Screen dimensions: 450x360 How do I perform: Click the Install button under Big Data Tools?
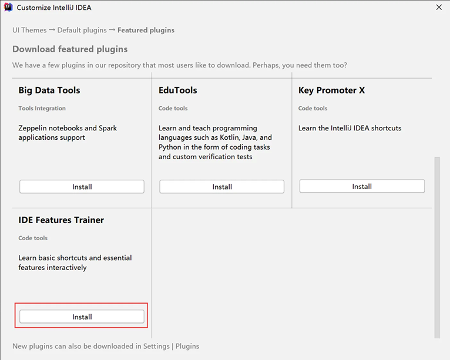tap(82, 187)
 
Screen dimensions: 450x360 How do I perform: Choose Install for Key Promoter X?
tap(362, 186)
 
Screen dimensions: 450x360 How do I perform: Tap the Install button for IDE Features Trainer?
tap(82, 317)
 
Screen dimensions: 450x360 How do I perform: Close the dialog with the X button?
tap(439, 8)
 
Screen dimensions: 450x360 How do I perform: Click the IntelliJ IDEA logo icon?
tap(8, 7)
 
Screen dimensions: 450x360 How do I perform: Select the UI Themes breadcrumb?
tap(29, 30)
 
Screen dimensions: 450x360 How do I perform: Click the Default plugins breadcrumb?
tap(82, 30)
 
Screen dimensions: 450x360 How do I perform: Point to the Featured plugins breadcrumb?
tap(146, 30)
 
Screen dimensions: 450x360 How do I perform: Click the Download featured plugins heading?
tap(70, 49)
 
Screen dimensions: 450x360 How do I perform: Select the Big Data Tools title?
tap(49, 90)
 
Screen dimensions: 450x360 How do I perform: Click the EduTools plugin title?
tap(177, 90)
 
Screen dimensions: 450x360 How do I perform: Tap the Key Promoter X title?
tap(331, 90)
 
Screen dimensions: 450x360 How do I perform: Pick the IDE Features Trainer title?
tap(61, 220)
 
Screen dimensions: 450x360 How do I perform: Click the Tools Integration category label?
tap(42, 108)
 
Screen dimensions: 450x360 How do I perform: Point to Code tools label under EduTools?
tap(173, 108)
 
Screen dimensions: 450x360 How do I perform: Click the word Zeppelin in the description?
tap(32, 128)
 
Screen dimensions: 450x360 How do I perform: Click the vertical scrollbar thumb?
tap(437, 247)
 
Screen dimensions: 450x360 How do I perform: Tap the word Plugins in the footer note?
tap(187, 346)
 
